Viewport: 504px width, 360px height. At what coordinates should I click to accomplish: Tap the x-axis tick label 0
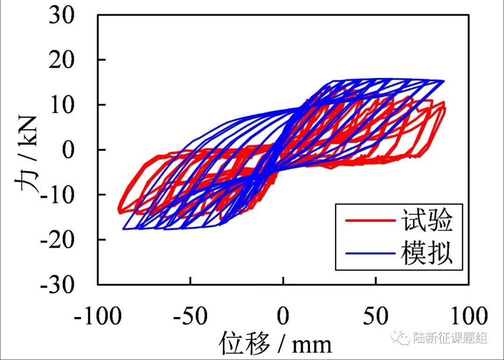283,317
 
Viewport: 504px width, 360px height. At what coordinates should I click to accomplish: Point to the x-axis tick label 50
376,317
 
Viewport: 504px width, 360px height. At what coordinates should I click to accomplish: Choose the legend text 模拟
427,254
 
